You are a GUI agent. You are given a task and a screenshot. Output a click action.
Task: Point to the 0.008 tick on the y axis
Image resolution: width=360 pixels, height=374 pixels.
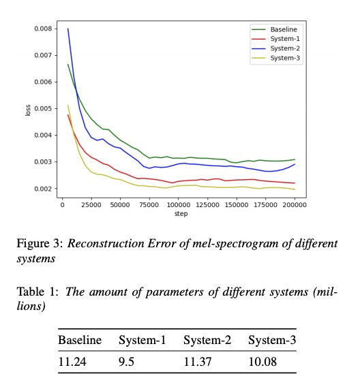tap(43, 29)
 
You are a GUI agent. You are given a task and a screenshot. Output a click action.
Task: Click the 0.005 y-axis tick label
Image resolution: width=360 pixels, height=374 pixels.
tap(43, 109)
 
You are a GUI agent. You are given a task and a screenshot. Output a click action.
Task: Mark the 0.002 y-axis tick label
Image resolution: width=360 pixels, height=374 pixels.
tap(43, 189)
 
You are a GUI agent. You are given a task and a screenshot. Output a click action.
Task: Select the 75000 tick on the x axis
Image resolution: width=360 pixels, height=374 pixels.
tap(149, 205)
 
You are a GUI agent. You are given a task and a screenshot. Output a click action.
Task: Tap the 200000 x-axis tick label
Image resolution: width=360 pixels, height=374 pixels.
tap(295, 205)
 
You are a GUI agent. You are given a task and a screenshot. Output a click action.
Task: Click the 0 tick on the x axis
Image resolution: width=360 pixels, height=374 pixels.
tap(62, 205)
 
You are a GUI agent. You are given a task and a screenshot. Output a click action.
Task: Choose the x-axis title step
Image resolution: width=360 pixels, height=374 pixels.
tap(181, 214)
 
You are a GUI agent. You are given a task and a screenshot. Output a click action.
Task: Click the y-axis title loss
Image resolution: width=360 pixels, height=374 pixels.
tap(28, 110)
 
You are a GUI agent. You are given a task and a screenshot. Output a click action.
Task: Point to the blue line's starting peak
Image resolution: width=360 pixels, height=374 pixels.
tap(68, 29)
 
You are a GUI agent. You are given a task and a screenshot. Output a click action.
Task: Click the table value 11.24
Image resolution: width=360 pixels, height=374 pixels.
tap(72, 362)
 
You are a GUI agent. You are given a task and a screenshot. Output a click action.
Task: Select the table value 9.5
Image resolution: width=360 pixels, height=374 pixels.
tap(126, 362)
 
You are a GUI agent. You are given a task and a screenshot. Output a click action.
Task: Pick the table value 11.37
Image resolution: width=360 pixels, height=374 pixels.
tap(198, 362)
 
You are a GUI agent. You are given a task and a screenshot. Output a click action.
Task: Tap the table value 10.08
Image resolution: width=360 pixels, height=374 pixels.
tap(262, 362)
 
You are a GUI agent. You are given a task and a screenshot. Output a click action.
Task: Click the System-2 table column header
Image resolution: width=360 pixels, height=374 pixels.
tap(207, 340)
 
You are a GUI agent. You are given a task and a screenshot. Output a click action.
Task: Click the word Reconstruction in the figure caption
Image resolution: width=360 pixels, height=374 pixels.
tap(106, 243)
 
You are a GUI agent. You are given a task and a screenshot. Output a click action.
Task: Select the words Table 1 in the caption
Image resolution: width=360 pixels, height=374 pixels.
tap(37, 292)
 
